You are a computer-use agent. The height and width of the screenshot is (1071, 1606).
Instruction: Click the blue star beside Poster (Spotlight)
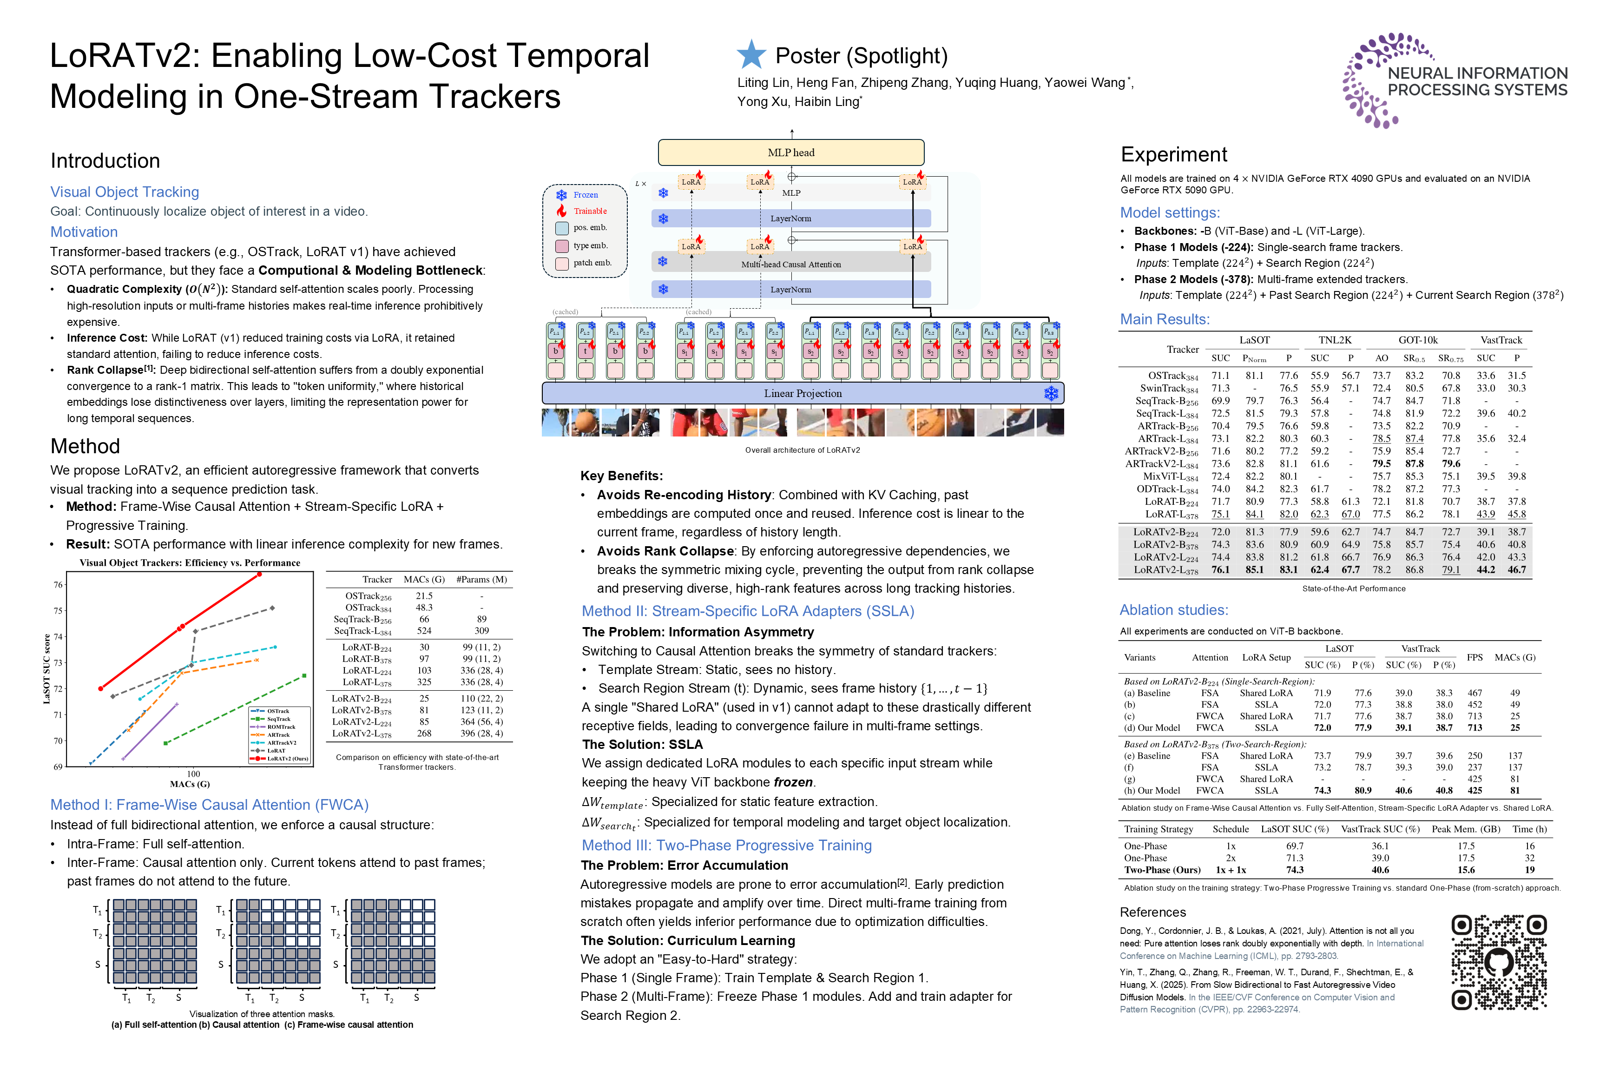(751, 55)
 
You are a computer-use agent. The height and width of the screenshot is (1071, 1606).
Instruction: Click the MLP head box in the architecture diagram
(791, 152)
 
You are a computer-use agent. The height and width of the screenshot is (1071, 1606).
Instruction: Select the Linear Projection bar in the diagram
(803, 393)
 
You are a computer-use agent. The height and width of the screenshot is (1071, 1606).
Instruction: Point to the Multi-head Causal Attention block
(791, 264)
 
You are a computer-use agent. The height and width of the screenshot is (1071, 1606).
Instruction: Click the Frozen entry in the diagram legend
(585, 195)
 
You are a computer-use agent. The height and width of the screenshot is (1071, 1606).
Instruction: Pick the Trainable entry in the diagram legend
(589, 211)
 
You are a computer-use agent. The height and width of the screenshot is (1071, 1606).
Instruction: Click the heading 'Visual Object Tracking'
(125, 192)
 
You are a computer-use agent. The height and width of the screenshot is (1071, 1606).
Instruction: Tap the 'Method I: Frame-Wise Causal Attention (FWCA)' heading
(210, 805)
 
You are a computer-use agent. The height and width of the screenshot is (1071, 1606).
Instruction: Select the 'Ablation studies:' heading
(1173, 610)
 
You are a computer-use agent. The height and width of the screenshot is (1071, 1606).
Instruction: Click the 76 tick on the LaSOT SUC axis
(58, 585)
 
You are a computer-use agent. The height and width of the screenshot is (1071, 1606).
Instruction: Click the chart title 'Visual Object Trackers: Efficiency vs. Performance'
(190, 563)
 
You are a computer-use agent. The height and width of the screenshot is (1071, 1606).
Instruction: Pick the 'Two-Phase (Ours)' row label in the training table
(1162, 870)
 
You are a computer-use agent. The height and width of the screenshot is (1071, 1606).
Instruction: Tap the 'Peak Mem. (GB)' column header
(1465, 829)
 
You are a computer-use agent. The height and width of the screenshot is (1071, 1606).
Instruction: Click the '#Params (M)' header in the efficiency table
(481, 579)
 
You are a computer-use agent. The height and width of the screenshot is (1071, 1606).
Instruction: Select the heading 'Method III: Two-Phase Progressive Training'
(726, 845)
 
